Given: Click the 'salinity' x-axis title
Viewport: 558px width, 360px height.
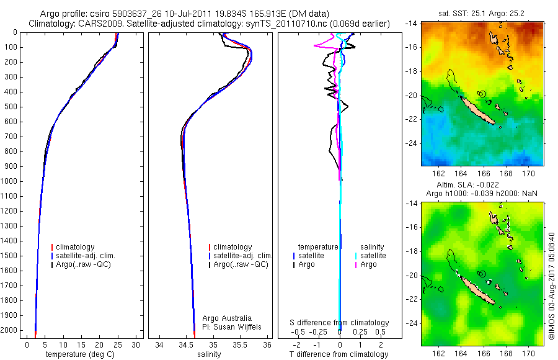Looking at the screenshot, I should [208, 354].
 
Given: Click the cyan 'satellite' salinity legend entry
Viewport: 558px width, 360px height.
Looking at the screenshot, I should [373, 256].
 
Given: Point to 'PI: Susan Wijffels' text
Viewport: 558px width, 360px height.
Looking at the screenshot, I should [232, 326].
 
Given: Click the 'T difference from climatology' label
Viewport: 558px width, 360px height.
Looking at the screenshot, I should [340, 354].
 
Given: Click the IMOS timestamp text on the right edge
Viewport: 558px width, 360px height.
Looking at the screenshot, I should [551, 286].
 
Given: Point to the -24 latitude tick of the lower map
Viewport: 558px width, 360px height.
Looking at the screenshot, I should [412, 323].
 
